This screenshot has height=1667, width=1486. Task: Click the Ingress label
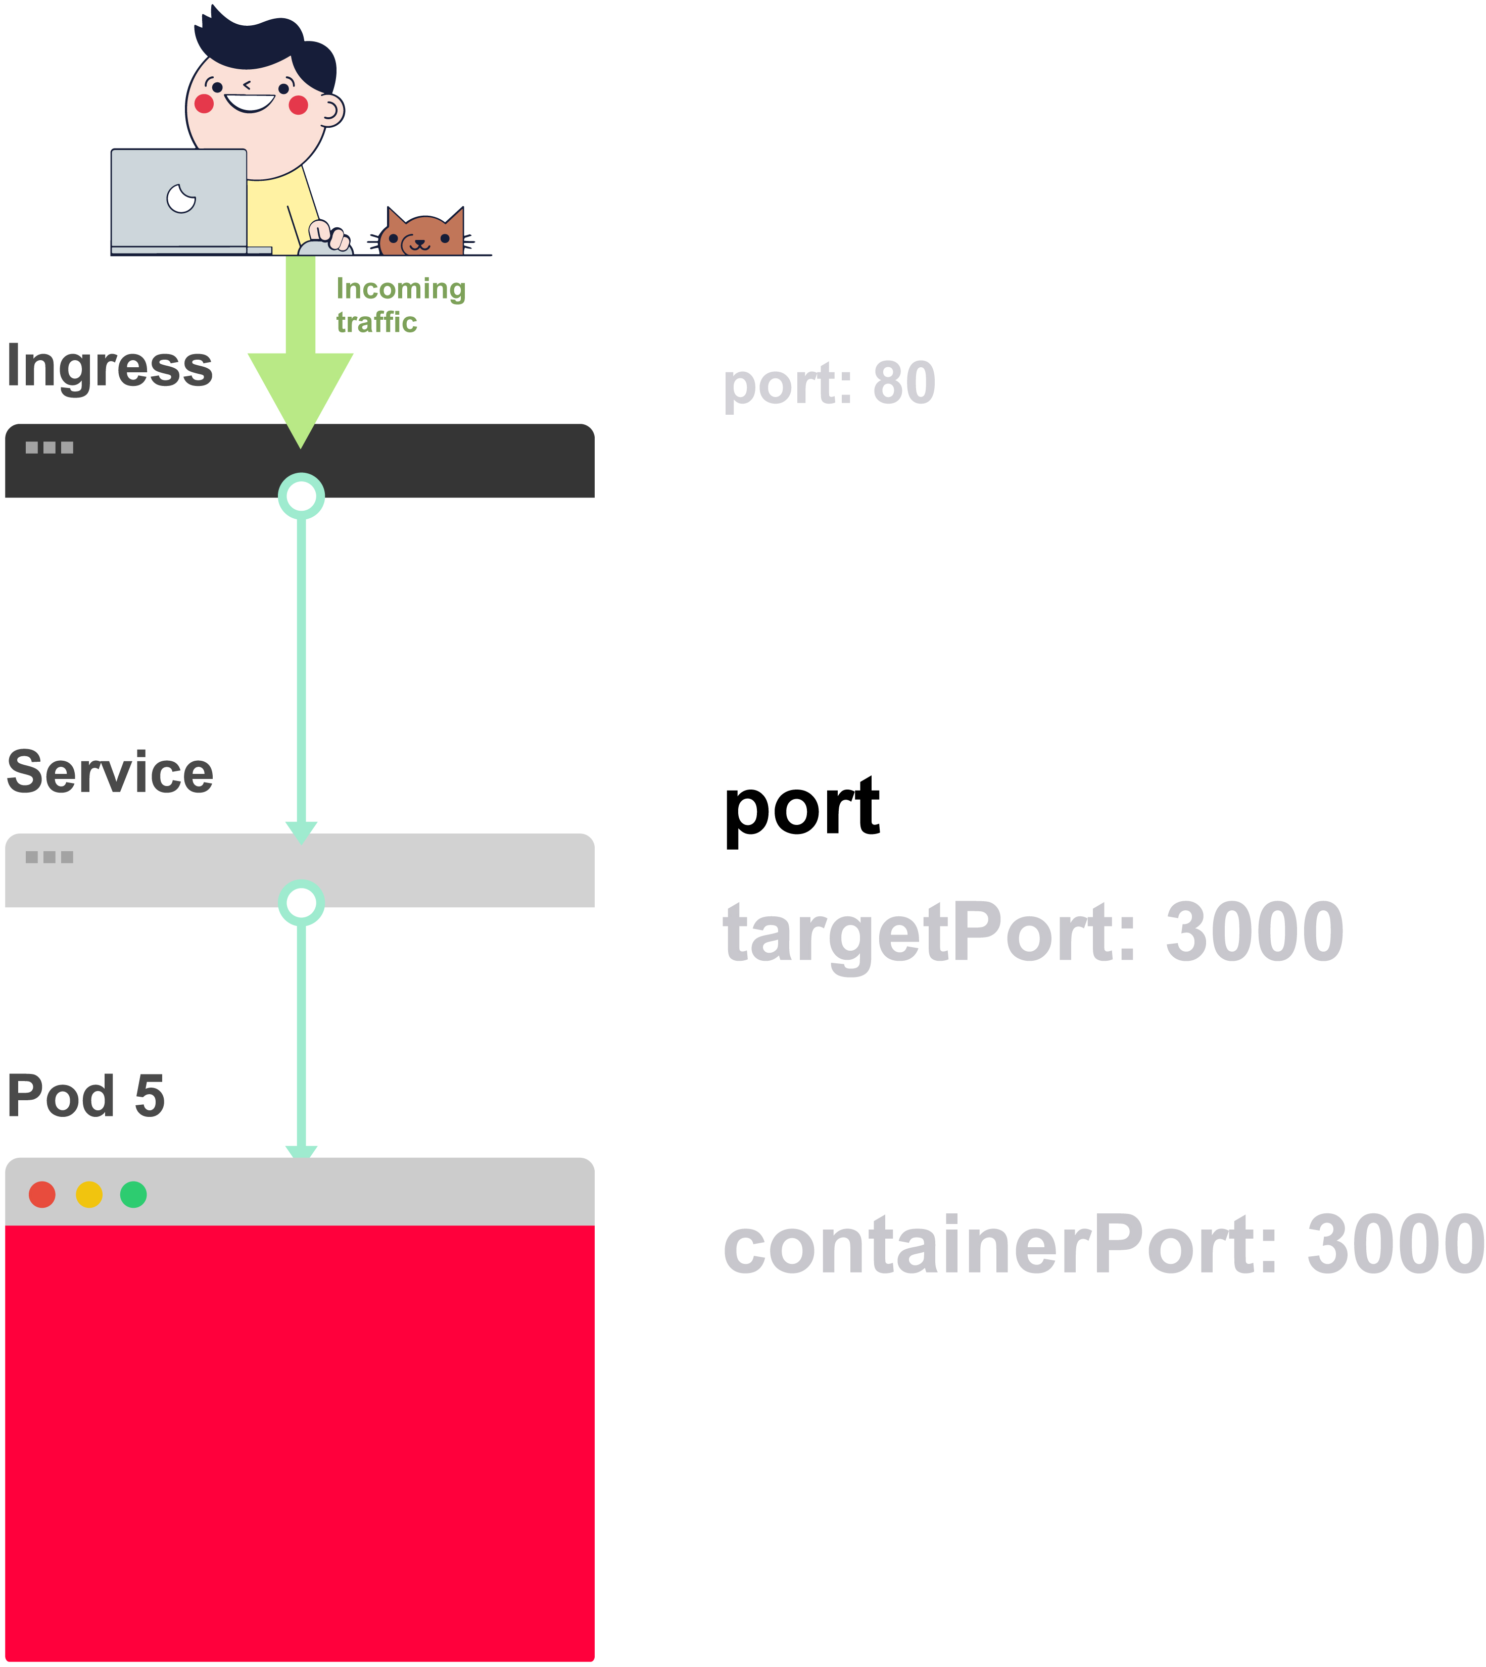[110, 367]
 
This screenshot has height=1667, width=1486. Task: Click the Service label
[110, 773]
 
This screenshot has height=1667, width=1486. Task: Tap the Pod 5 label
[86, 1096]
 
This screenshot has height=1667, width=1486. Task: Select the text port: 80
[829, 384]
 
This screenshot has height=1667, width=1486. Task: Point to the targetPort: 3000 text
[1033, 933]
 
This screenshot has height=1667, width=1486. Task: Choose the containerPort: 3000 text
[1102, 1244]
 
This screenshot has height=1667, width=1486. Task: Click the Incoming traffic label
[400, 305]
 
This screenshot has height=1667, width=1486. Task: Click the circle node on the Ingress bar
[301, 496]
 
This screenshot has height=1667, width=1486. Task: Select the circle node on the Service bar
[301, 903]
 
